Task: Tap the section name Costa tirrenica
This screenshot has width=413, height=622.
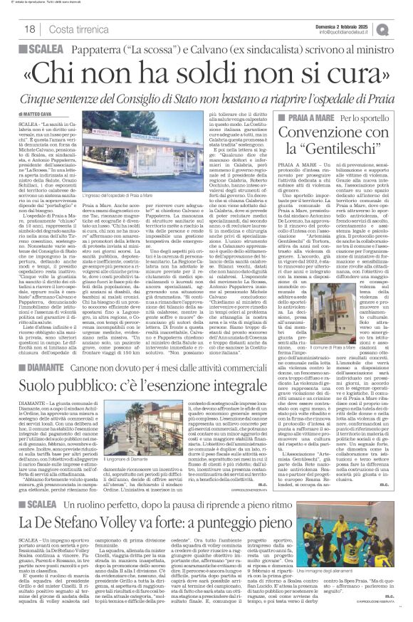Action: point(75,28)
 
